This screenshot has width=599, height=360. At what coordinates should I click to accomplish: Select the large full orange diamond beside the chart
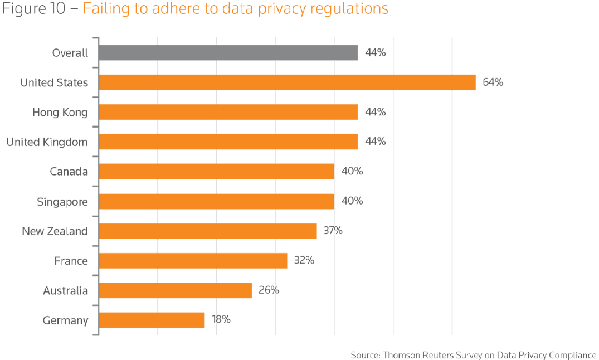coord(423,82)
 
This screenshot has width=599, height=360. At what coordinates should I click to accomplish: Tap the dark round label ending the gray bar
coord(374,55)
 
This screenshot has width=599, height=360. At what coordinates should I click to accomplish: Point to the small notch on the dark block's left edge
coord(482,82)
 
